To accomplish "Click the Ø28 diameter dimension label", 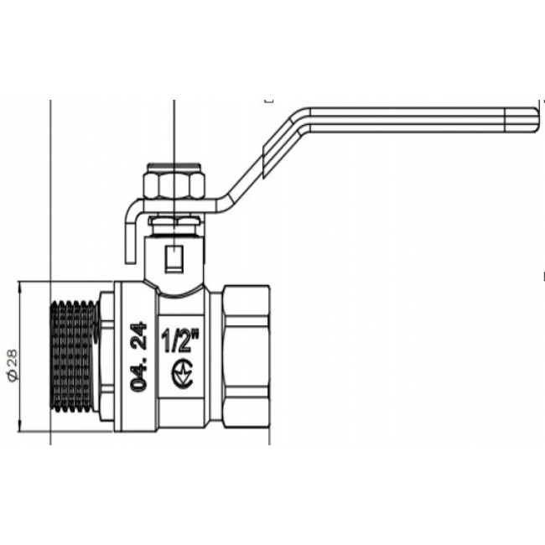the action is (x=13, y=365).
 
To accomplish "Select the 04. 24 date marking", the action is (x=138, y=357).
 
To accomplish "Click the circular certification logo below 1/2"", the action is (x=182, y=374).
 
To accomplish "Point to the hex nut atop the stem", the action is (x=174, y=184).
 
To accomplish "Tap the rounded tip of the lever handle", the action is (x=536, y=120).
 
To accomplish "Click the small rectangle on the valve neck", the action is (x=174, y=259).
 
